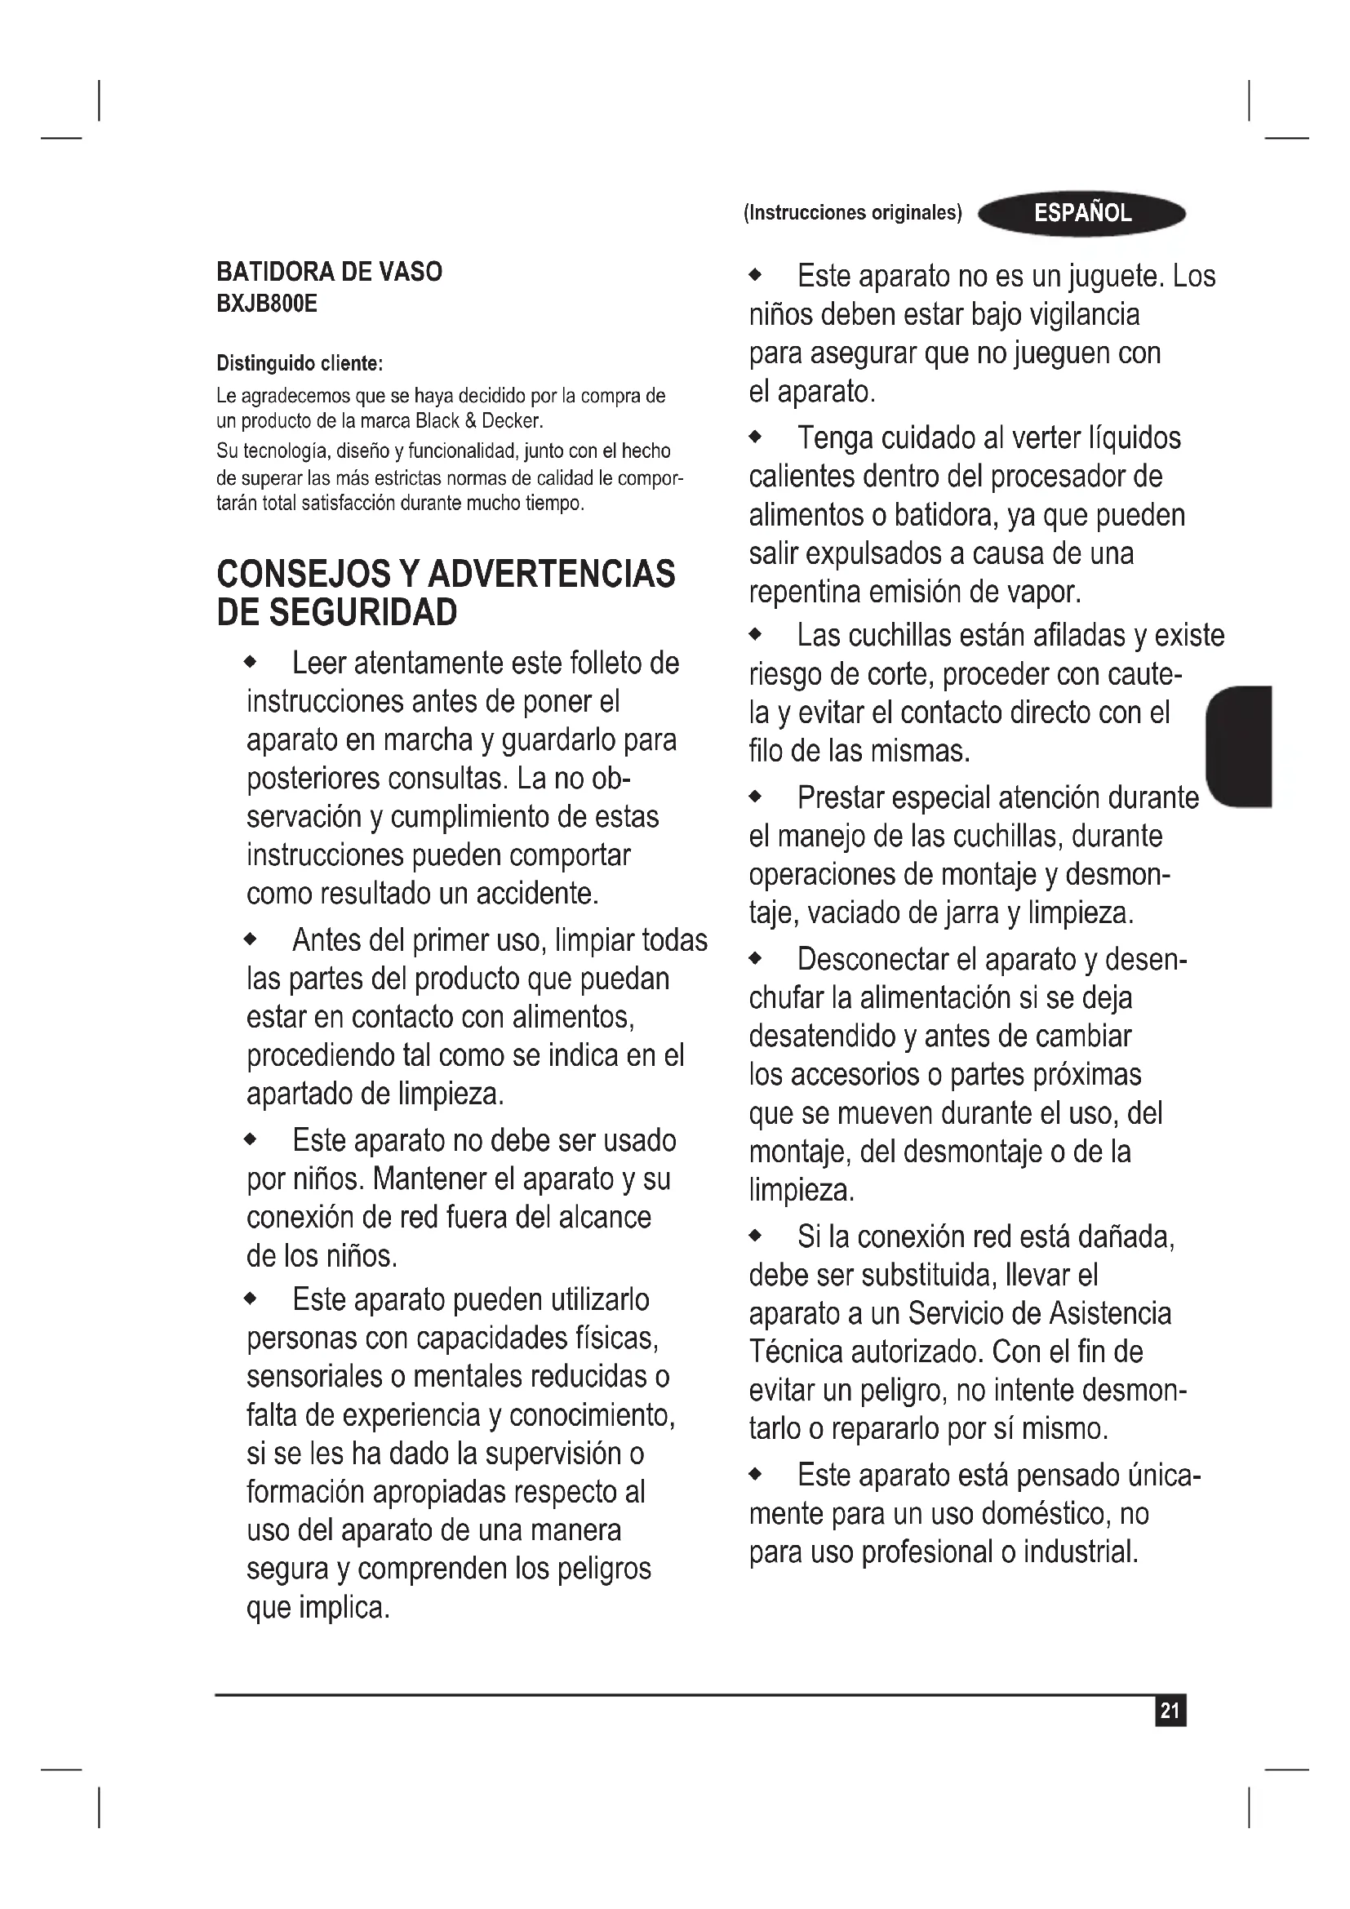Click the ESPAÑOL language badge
click(1081, 214)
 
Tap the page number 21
click(1170, 1711)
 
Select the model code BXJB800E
click(267, 304)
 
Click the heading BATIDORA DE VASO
click(329, 272)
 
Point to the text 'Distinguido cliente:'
click(300, 363)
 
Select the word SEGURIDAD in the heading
click(364, 613)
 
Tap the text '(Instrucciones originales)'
click(852, 213)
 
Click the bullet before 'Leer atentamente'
click(251, 664)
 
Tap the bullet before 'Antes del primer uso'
click(251, 940)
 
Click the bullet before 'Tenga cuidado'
click(755, 437)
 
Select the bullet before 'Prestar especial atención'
click(755, 797)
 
